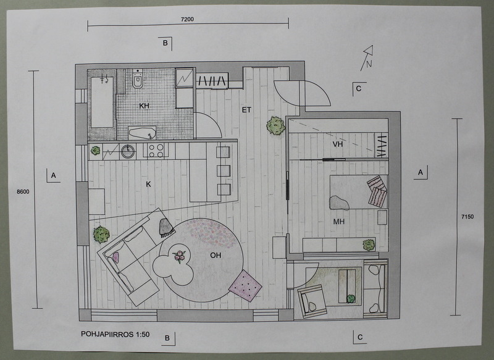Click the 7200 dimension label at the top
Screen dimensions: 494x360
(187, 19)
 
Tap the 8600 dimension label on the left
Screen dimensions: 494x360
(23, 192)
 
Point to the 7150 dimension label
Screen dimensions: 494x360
(467, 217)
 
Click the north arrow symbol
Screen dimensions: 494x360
(367, 57)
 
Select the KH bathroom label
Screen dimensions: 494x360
(144, 106)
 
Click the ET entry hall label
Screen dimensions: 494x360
(246, 110)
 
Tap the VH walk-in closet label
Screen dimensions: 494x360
(338, 144)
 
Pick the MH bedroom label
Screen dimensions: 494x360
(339, 222)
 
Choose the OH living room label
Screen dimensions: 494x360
(216, 255)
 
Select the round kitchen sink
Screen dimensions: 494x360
(128, 151)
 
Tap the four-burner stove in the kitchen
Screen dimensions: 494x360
(156, 150)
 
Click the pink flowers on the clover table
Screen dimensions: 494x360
(179, 256)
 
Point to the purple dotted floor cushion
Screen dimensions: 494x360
(245, 286)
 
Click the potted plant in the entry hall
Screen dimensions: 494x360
(276, 126)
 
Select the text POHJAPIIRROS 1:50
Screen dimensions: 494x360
(115, 334)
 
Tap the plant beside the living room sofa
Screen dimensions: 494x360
(101, 234)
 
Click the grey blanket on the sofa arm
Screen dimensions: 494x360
(167, 227)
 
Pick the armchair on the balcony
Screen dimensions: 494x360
(312, 302)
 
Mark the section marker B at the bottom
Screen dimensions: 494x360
(167, 338)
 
